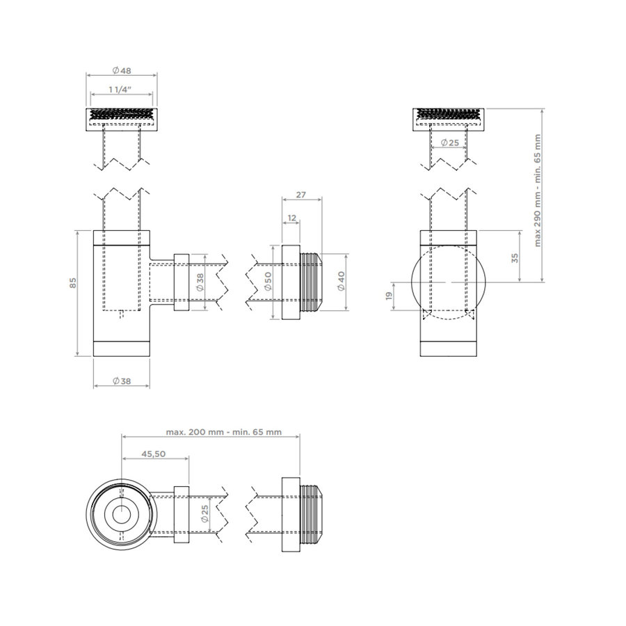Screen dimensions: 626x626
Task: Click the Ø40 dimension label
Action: coord(342,282)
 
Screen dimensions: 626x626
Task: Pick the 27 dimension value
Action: coord(300,195)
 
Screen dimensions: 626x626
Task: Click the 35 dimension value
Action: coord(514,257)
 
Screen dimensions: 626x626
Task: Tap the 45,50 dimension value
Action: coord(153,453)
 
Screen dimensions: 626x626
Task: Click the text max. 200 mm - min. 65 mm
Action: coord(223,431)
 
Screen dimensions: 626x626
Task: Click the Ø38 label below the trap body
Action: coord(122,380)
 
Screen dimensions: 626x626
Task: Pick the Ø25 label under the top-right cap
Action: coord(449,143)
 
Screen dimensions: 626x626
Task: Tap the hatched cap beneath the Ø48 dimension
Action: coord(121,119)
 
